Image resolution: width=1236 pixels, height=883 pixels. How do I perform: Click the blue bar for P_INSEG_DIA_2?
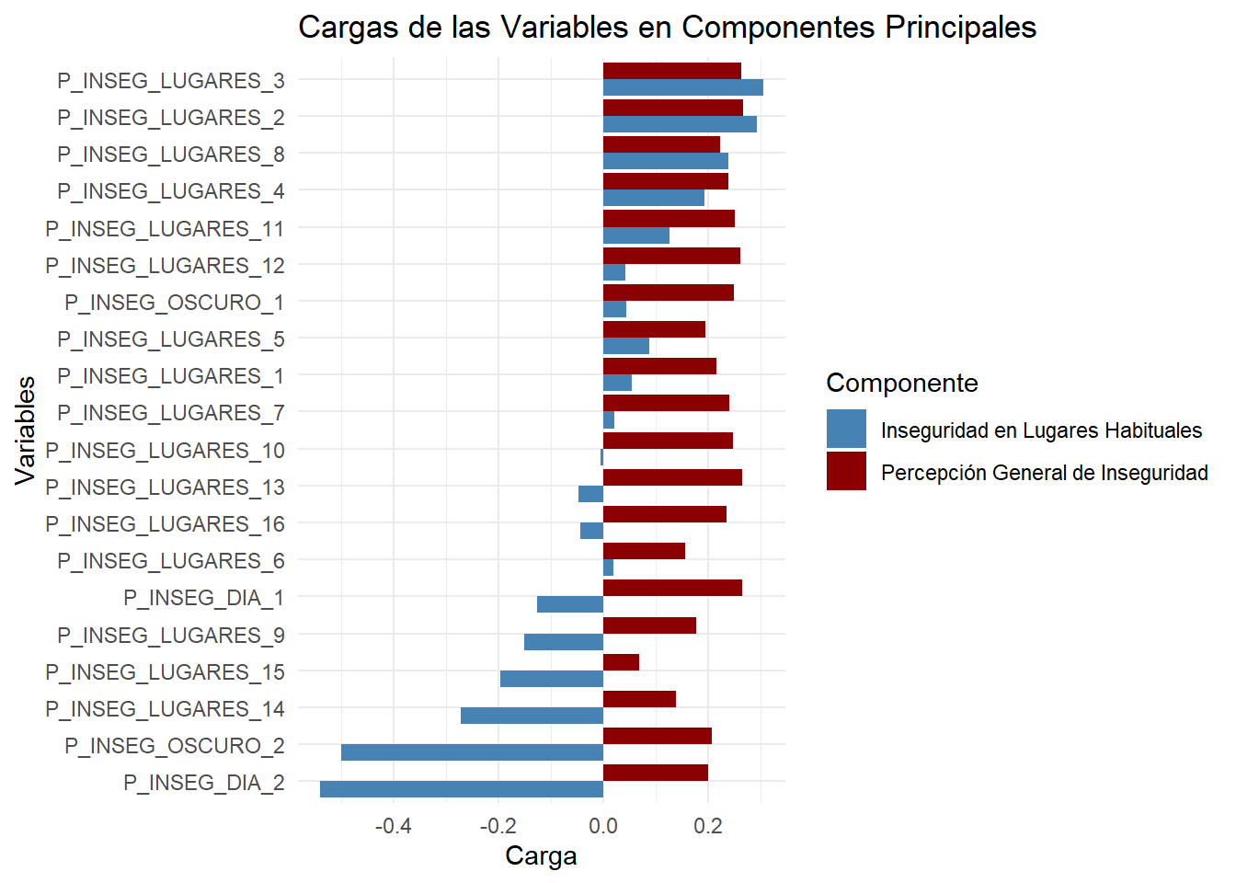point(462,789)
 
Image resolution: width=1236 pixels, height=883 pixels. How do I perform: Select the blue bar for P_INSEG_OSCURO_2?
point(472,752)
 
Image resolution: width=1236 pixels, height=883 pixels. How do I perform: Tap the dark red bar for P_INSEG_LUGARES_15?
point(621,662)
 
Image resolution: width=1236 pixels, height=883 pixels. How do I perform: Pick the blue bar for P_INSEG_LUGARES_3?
point(682,88)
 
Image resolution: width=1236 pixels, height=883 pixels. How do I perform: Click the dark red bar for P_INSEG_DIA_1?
point(672,589)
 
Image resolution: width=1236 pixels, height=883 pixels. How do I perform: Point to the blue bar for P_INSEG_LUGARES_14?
point(532,716)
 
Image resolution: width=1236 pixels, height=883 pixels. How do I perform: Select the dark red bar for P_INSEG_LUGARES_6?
point(644,551)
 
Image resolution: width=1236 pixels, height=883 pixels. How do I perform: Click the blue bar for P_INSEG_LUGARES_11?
point(635,235)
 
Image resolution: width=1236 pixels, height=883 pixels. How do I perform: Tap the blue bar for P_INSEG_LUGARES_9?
point(563,642)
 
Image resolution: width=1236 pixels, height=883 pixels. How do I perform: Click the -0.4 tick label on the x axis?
point(393,826)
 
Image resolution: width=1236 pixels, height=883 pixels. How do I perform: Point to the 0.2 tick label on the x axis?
point(708,826)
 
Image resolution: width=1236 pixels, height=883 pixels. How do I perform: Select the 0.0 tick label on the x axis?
point(603,826)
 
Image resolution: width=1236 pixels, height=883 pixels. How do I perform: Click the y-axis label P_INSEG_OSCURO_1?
point(175,303)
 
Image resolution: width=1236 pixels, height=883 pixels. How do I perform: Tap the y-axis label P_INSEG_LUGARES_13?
point(166,487)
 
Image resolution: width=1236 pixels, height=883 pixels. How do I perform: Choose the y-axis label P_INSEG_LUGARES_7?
point(171,413)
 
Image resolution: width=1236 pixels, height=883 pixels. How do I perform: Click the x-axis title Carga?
point(541,856)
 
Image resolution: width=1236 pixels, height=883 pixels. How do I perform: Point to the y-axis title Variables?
point(26,430)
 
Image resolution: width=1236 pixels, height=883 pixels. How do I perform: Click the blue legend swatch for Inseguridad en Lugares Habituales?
point(846,430)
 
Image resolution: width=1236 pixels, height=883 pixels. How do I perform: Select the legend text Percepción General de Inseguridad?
point(1044,473)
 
